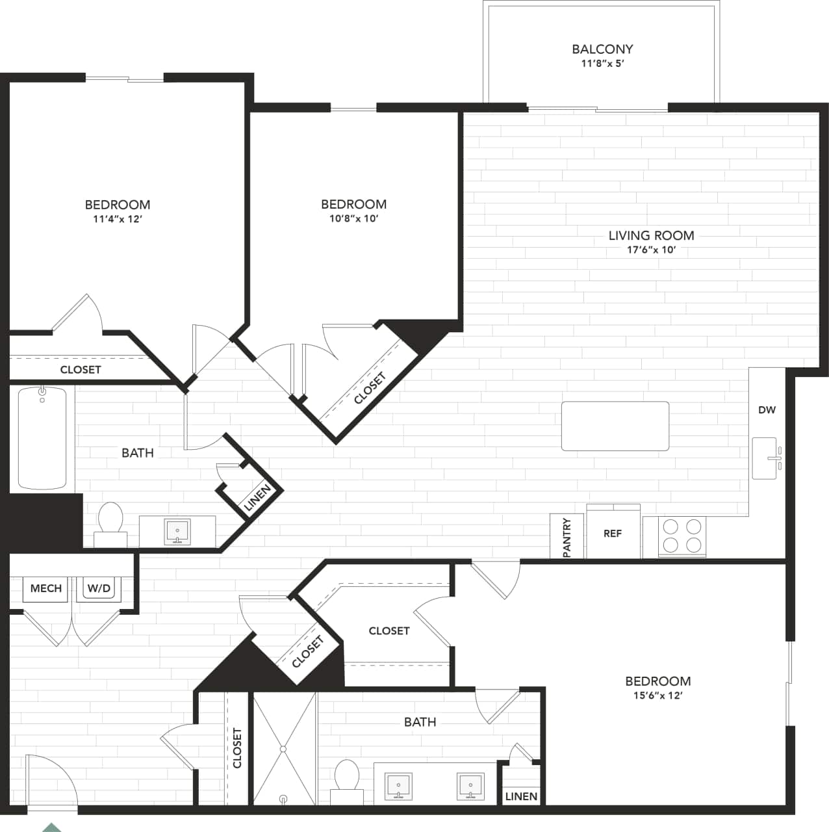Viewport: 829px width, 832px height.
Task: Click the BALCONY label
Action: pos(602,49)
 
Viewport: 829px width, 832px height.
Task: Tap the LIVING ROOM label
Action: pos(651,235)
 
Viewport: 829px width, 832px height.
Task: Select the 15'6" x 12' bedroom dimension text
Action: pos(657,695)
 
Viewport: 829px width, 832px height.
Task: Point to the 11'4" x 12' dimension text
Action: pos(118,219)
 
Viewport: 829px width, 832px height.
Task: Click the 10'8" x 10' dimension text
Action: pos(353,218)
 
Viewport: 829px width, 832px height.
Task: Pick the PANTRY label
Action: pos(567,537)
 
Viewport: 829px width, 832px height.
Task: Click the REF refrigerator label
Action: pos(612,534)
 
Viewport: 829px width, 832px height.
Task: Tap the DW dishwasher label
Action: pos(767,410)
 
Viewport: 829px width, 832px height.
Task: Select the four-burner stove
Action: pos(682,536)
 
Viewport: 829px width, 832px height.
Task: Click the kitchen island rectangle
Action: pos(615,426)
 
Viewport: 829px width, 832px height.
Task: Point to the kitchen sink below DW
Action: pos(765,458)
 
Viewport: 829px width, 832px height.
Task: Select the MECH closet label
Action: pos(46,588)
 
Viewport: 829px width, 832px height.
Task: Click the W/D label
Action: pos(99,588)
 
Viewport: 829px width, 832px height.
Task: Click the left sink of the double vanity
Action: pos(398,786)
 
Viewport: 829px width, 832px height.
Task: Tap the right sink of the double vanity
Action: pos(470,786)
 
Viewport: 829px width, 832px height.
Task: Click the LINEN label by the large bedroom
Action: pos(521,796)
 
